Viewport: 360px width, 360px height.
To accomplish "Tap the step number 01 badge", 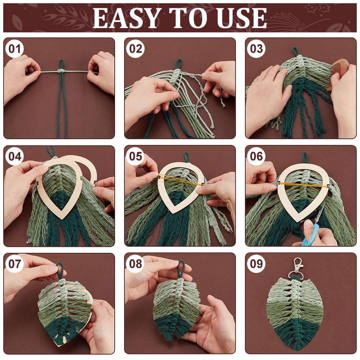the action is point(14,49).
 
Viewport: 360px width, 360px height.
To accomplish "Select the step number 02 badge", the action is point(135,49).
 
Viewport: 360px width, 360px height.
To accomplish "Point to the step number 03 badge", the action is point(256,49).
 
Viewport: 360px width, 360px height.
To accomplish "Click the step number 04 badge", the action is point(14,156).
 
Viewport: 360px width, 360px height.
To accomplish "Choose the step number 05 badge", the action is point(135,156).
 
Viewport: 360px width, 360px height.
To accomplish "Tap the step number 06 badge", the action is point(256,156).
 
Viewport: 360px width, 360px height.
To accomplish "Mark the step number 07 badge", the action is point(14,264).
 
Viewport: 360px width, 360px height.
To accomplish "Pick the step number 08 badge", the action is point(135,264).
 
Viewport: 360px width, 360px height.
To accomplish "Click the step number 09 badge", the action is point(256,264).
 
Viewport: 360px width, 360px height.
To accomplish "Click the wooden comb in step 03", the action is point(337,76).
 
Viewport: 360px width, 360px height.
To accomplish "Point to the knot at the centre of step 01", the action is point(61,71).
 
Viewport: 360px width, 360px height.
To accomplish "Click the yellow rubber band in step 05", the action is point(179,181).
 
